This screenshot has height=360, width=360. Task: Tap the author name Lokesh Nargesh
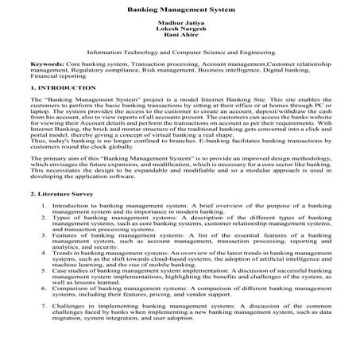180,36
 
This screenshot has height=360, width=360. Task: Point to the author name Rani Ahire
180,42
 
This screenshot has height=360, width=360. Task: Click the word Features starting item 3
69,238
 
